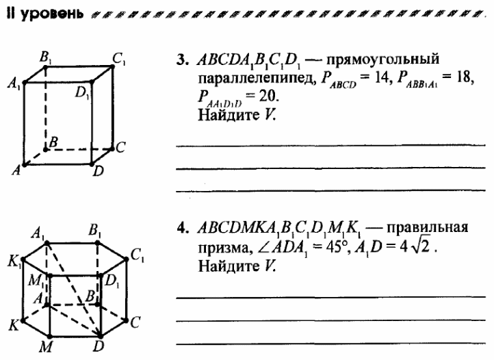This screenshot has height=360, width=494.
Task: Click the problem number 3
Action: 182,60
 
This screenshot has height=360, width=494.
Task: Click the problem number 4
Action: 182,228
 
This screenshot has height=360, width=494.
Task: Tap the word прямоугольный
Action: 382,60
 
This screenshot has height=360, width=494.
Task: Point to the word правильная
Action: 428,228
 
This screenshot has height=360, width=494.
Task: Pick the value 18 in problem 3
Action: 465,77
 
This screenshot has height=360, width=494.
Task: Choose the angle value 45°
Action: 338,248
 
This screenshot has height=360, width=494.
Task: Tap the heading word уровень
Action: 53,14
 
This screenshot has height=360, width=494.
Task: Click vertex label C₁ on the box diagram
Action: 119,59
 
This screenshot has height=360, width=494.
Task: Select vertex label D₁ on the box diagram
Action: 82,93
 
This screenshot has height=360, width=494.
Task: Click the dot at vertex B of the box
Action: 46,149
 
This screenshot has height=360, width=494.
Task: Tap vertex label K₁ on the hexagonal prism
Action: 15,261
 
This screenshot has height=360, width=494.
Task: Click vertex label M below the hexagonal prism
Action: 46,347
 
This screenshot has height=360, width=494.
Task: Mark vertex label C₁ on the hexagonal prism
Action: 138,255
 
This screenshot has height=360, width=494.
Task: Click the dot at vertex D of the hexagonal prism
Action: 100,336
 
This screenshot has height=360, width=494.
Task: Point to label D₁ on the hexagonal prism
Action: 112,281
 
